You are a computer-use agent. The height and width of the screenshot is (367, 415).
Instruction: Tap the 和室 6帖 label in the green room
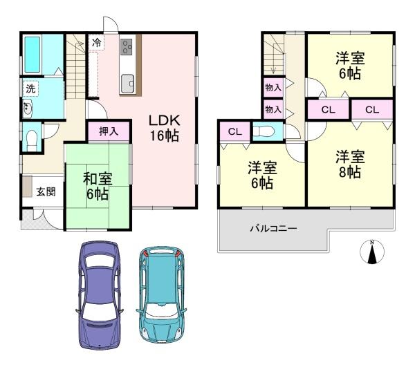[x=98, y=185]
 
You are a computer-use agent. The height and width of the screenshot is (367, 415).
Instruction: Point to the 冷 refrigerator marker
[x=97, y=43]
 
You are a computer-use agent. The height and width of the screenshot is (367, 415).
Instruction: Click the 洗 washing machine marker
[x=30, y=88]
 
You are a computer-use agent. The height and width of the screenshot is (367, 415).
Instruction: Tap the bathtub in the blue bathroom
[x=33, y=53]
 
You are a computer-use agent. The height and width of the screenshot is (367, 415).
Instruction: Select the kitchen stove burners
[x=129, y=48]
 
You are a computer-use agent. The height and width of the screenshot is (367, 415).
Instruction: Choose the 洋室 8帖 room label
[x=349, y=164]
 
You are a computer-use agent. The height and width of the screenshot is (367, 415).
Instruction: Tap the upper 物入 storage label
[x=273, y=87]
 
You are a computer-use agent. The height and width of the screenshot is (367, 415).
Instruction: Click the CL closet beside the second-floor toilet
[x=234, y=131]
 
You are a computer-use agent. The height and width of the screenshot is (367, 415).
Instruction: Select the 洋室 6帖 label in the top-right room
[x=349, y=66]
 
